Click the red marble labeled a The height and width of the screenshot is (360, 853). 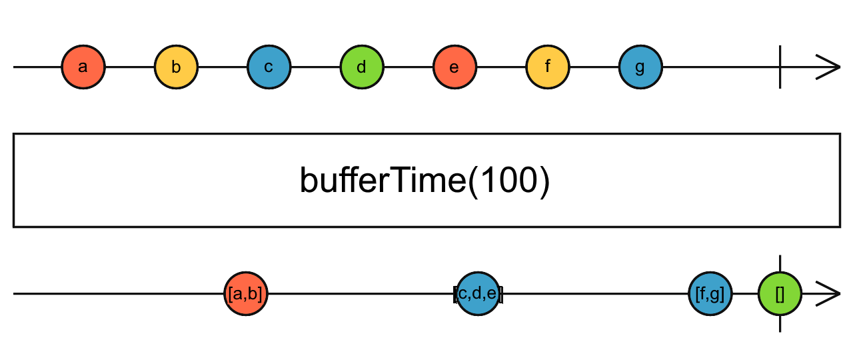coord(83,67)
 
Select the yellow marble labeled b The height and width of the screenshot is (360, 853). coord(176,67)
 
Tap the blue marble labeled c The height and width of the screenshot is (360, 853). coord(269,67)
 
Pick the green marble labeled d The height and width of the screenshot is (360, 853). coord(362,67)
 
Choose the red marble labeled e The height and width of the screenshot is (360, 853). coord(454,67)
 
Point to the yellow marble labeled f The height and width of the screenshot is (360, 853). coord(547,67)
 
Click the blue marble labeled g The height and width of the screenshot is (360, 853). coord(640,67)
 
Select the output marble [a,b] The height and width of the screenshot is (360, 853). coord(245,293)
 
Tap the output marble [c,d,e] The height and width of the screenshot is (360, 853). coord(478,293)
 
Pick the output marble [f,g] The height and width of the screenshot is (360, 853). coord(710,293)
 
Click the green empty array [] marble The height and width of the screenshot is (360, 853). coord(780,293)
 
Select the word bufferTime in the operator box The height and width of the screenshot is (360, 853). coord(381,181)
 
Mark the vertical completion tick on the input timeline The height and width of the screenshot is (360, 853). coord(780,67)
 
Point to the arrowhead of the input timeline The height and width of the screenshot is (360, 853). coord(829,67)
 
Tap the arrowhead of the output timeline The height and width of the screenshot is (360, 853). coord(829,293)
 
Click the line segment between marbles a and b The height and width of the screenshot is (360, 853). coord(130,67)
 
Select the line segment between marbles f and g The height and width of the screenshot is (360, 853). coord(594,67)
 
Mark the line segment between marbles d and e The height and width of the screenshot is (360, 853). coord(408,67)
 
